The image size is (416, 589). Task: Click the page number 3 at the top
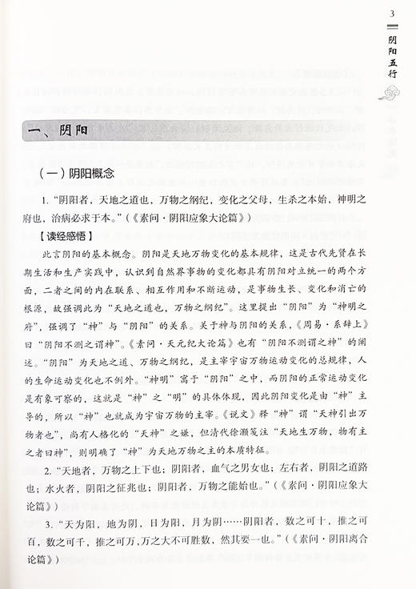[x=390, y=14]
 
